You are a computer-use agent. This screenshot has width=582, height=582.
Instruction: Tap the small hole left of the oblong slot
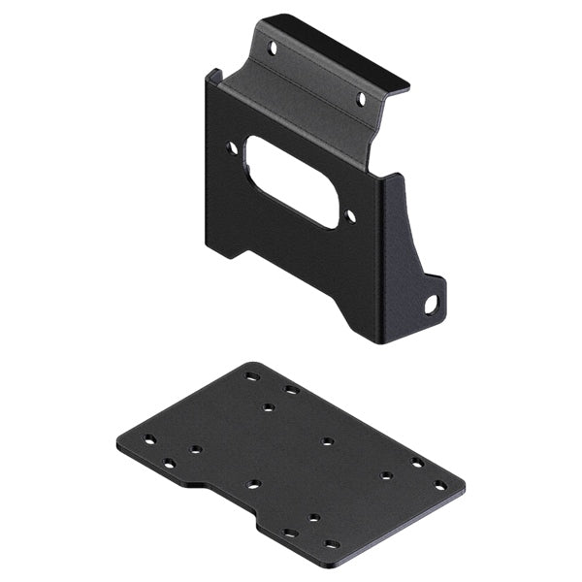tap(232, 148)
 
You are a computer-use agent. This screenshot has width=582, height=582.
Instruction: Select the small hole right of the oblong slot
tap(350, 217)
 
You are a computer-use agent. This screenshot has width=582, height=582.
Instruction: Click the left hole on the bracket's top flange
tap(273, 47)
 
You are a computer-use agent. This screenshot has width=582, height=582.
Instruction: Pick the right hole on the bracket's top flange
tap(361, 99)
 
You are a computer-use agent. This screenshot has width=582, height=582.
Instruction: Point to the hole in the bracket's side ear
tap(430, 306)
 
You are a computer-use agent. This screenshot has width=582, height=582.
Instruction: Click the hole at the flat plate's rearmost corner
tap(252, 376)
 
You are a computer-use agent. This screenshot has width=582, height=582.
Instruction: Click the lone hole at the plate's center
tap(328, 441)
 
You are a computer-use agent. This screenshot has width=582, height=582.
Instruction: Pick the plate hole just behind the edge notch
tap(253, 483)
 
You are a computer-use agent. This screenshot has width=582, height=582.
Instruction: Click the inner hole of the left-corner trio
tap(196, 449)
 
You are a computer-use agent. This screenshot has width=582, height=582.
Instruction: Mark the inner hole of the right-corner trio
tap(386, 475)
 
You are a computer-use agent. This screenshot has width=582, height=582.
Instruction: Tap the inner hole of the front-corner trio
tap(313, 518)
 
